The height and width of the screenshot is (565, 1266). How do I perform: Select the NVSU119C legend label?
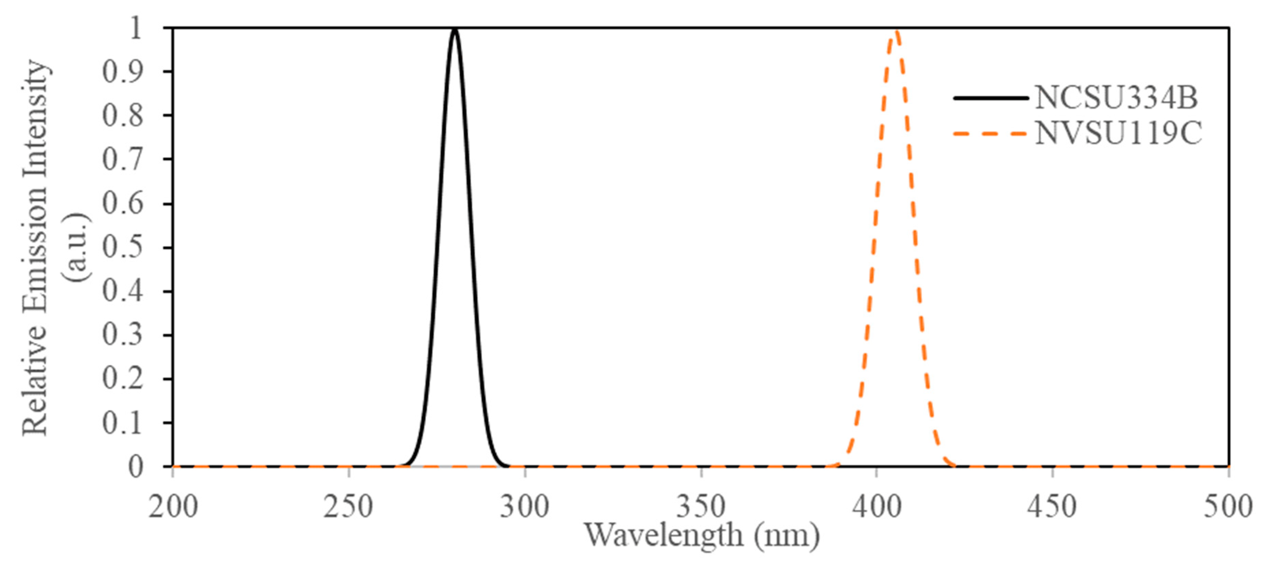[1118, 133]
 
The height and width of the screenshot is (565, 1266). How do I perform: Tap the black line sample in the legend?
[991, 98]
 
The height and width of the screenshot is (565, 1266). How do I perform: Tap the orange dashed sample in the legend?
[991, 133]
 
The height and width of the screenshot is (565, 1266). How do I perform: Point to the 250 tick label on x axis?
[348, 507]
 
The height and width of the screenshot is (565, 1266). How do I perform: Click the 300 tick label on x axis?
[524, 507]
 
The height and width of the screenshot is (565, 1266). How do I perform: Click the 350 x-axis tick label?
[701, 507]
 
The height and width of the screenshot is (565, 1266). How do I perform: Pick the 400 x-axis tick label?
[877, 507]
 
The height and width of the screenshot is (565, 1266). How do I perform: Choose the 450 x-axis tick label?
[1052, 507]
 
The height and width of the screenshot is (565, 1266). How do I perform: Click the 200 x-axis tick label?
[173, 507]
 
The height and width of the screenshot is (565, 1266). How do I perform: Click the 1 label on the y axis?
[135, 28]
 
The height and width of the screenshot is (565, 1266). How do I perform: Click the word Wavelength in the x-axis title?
[664, 535]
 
